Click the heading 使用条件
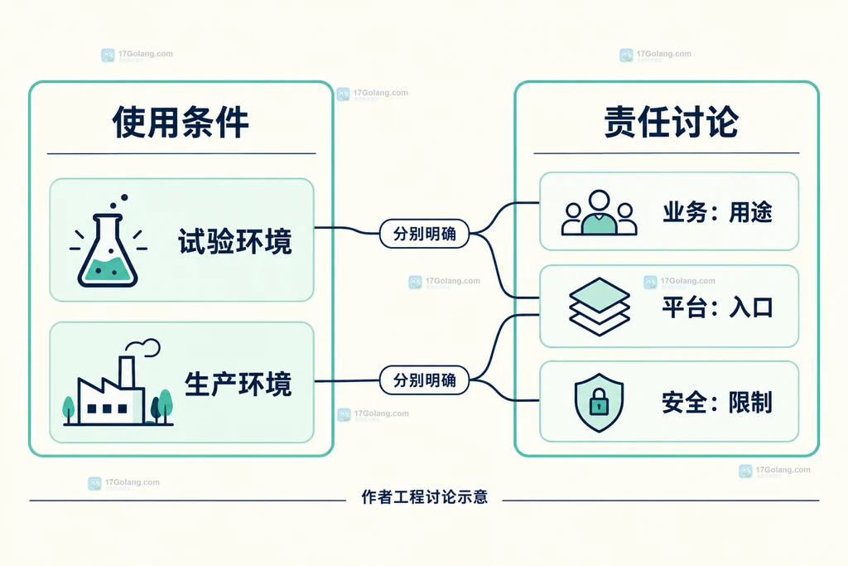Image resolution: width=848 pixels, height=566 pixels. [181, 122]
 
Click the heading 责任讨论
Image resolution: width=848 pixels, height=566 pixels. [671, 122]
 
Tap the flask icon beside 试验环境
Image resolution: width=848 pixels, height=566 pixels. [108, 241]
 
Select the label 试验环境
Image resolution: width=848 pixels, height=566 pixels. [235, 241]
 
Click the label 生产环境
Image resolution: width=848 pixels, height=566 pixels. [238, 385]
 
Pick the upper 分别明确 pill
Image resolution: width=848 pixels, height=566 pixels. [425, 234]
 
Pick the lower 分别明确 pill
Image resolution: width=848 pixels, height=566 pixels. [425, 380]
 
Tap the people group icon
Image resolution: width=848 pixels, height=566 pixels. [600, 212]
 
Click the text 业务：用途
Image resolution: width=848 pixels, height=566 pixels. [717, 212]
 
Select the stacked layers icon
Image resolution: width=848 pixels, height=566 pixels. [600, 307]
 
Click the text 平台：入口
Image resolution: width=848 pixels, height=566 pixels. [717, 307]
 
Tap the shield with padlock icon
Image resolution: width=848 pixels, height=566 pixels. [599, 403]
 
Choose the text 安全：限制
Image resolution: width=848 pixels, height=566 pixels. [717, 403]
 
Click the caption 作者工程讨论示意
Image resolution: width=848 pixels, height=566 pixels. [425, 496]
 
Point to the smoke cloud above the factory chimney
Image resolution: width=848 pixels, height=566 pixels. [143, 347]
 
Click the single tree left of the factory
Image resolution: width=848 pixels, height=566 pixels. [69, 409]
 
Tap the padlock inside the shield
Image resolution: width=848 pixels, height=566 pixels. [599, 402]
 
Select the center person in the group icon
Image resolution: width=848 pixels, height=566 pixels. [600, 212]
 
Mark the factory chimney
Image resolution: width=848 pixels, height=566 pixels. [127, 372]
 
